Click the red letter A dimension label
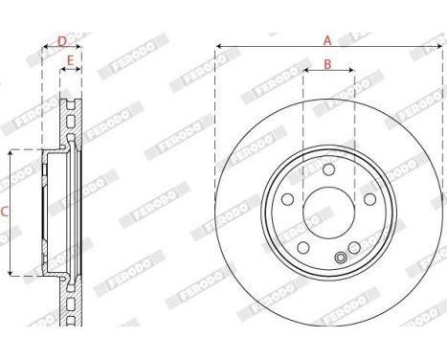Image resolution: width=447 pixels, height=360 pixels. click(x=326, y=39)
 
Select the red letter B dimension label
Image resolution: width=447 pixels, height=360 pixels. click(x=326, y=64)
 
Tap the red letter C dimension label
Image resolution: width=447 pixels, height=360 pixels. click(x=4, y=212)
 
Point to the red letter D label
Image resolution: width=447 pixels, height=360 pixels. click(x=62, y=41)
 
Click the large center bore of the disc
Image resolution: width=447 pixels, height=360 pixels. click(x=327, y=210)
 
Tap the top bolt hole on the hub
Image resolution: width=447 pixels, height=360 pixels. click(x=327, y=169)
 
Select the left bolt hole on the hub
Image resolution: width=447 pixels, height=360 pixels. click(x=288, y=198)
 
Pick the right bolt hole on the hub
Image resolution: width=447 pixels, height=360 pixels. click(x=367, y=198)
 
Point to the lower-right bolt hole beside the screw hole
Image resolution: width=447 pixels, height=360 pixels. click(x=354, y=246)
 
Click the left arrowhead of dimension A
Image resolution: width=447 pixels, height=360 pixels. click(x=219, y=45)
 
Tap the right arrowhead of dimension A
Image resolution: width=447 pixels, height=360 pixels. click(x=436, y=45)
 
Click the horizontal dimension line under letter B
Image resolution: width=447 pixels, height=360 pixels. click(x=327, y=71)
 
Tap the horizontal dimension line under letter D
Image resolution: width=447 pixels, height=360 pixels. click(x=62, y=49)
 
